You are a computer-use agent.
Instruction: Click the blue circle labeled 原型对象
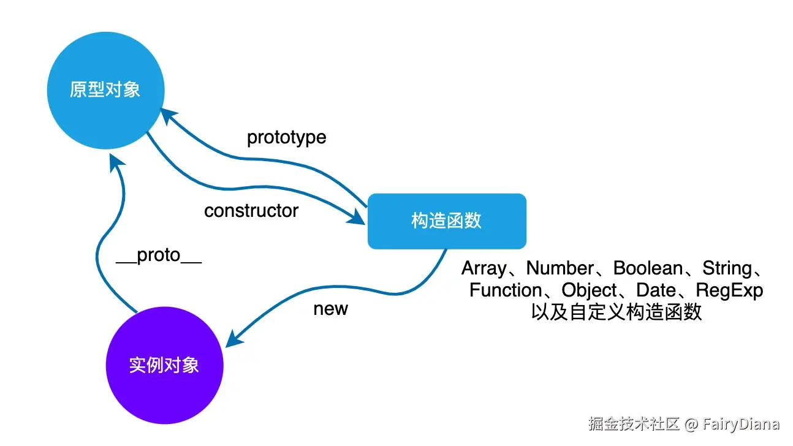pos(105,91)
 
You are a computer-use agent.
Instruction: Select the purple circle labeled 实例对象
pos(164,365)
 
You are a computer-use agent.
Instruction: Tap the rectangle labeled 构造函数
pos(447,221)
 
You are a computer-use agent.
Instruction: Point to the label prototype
pos(286,137)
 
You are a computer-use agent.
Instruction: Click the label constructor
pos(251,211)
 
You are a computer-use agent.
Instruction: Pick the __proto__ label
pos(159,255)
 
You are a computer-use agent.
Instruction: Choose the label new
pos(330,309)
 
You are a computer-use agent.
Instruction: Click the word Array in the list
pos(484,268)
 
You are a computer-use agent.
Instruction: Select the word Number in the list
pos(560,268)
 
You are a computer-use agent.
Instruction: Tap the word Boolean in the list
pos(648,268)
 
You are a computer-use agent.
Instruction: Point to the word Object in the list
pos(589,290)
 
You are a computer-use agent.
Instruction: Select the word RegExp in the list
pos(729,290)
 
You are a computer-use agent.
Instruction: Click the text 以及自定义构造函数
pos(616,312)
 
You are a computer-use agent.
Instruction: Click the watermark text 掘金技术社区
pos(634,424)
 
